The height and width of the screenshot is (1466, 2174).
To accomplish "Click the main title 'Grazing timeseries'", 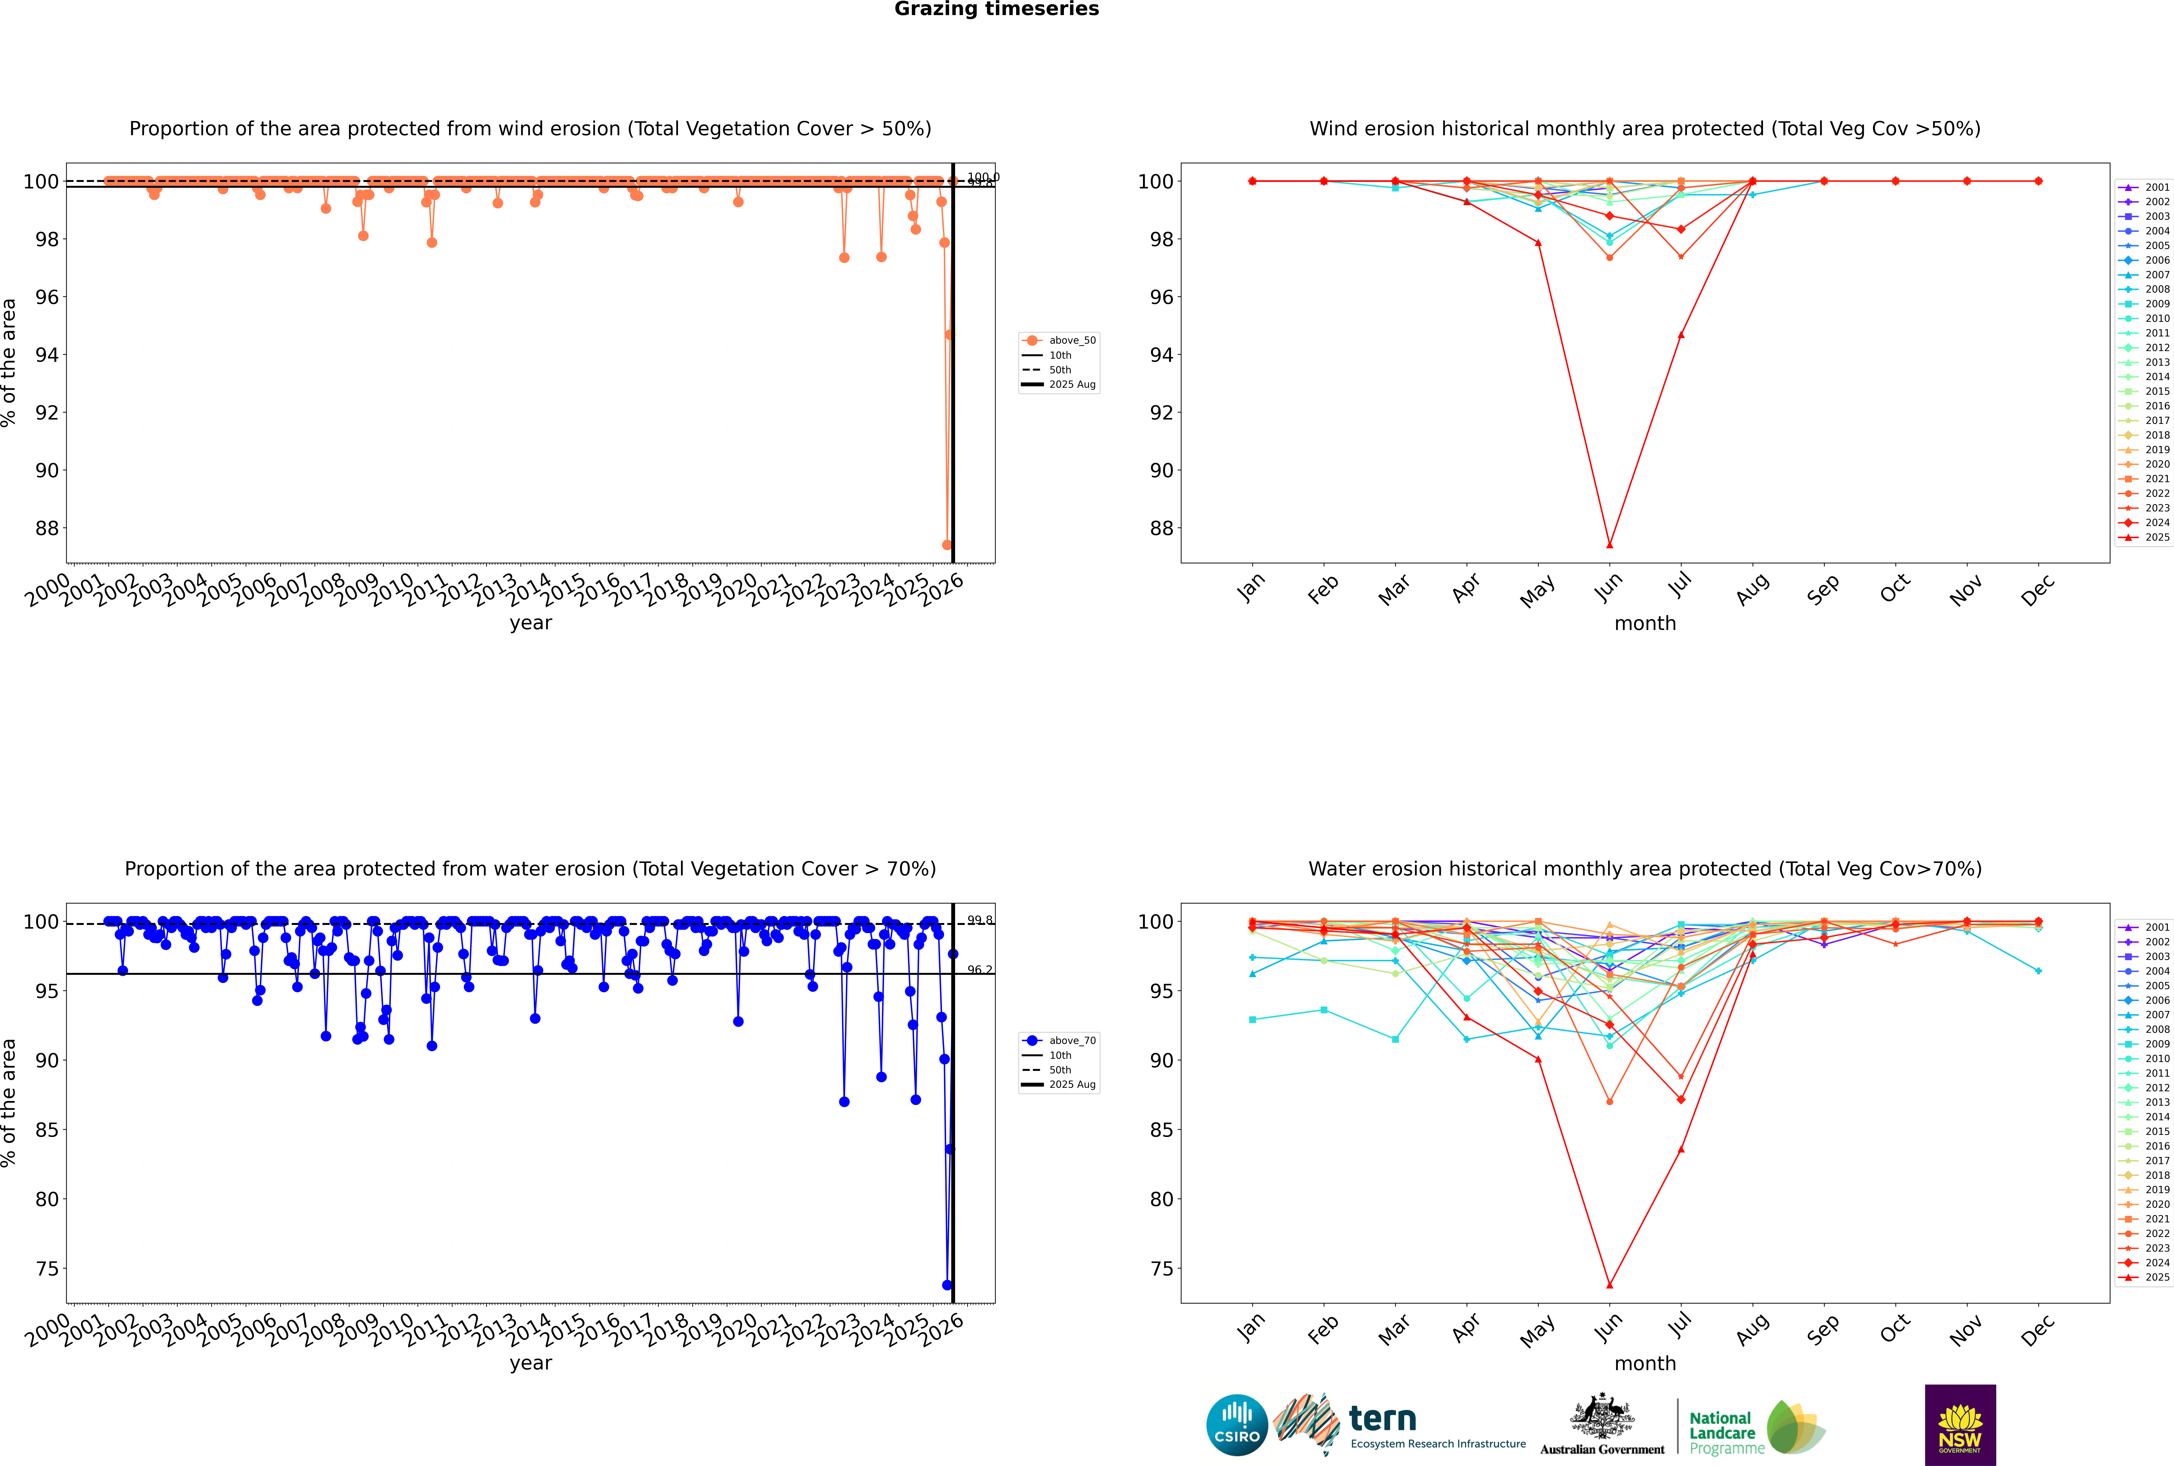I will (996, 9).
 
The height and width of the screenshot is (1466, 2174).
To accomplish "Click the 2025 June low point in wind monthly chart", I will (1609, 545).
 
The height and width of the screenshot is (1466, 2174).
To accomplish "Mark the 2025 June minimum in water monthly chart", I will (1609, 1285).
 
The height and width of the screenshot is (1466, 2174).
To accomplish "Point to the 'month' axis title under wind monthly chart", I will (1645, 624).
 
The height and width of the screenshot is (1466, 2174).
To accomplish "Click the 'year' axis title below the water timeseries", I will (531, 1363).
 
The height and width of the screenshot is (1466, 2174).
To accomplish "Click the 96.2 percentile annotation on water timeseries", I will (979, 970).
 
